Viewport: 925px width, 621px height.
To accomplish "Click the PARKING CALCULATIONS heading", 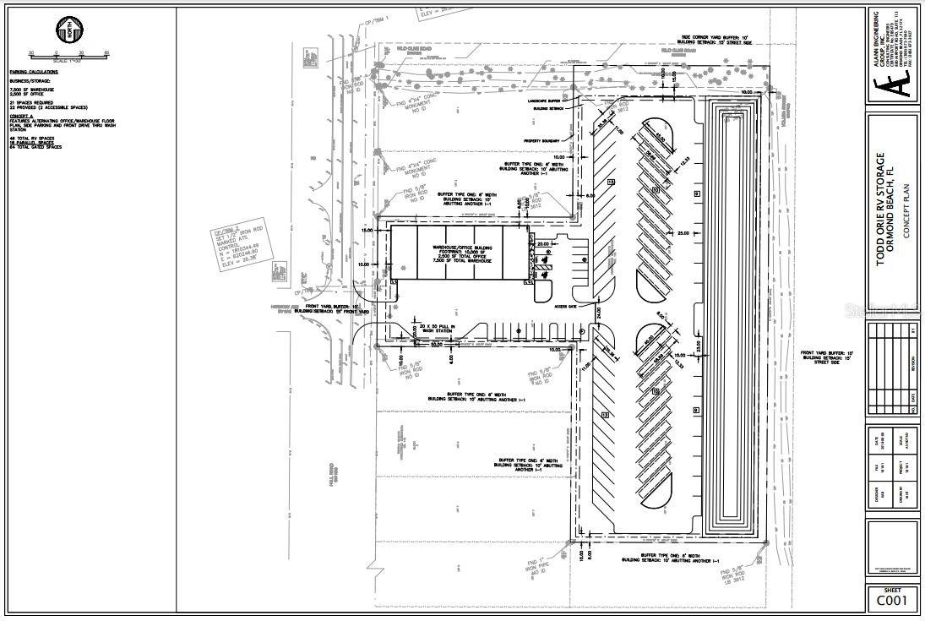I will click(x=33, y=73).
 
